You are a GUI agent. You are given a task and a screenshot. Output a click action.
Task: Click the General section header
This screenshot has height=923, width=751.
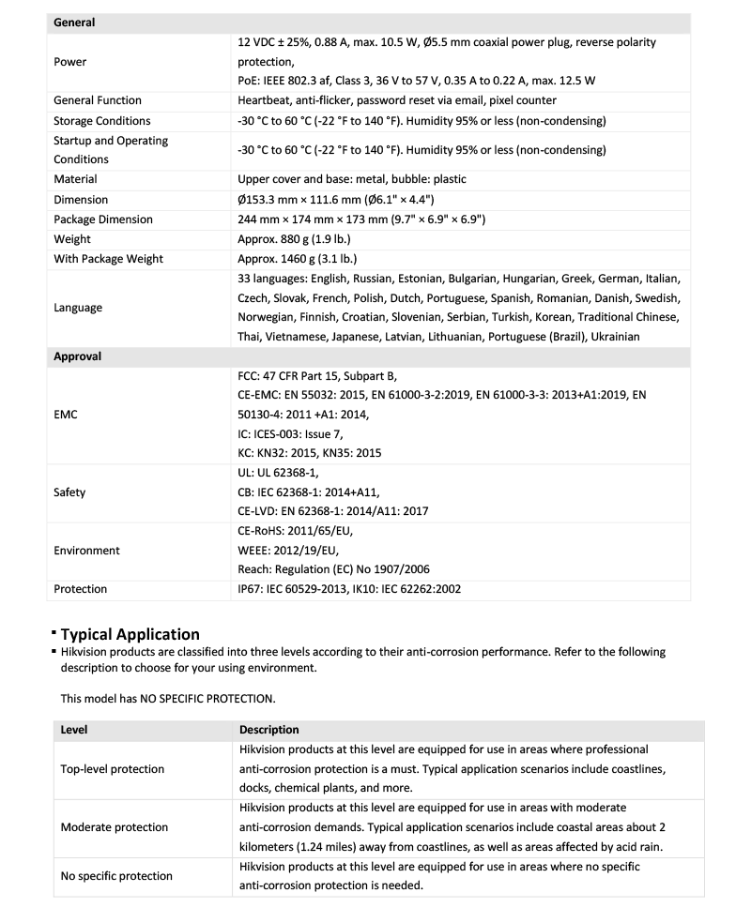tap(74, 23)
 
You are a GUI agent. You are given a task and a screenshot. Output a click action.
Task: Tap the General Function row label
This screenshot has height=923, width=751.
tap(98, 100)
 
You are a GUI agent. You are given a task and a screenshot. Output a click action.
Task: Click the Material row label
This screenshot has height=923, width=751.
tap(75, 179)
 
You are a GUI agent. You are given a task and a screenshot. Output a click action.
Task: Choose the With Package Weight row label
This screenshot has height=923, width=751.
tap(108, 259)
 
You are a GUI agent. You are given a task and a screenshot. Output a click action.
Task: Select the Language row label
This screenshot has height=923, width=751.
tap(78, 308)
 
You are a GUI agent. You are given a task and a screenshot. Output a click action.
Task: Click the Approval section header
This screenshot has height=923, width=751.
tap(77, 357)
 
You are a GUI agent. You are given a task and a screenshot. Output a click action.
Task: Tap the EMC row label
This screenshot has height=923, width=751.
tap(66, 414)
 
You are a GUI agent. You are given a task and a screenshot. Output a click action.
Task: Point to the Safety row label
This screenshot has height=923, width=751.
tap(69, 492)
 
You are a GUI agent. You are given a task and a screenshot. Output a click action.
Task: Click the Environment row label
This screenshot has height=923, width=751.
tap(86, 551)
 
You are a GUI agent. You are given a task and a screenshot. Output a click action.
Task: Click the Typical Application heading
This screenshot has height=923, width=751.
tap(130, 634)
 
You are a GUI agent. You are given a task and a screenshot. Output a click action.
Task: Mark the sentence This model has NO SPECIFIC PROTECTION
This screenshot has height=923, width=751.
tap(168, 698)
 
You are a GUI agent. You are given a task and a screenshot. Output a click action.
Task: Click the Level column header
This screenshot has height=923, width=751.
tap(74, 730)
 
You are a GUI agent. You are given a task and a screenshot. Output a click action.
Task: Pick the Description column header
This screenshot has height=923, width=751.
tap(269, 730)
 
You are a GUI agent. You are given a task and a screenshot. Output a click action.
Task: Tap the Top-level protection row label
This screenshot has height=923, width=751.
tap(112, 769)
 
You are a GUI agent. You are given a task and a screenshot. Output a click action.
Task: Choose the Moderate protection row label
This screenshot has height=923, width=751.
tap(114, 827)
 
